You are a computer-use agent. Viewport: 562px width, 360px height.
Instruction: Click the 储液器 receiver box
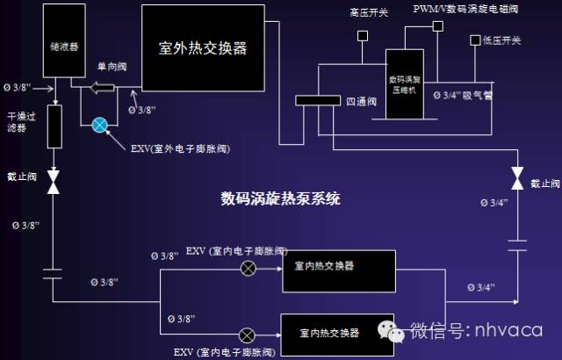pyautogui.click(x=54, y=44)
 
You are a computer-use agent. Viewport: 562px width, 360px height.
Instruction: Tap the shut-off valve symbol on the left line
pyautogui.click(x=54, y=183)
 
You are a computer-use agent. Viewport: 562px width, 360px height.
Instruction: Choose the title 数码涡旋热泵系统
pyautogui.click(x=280, y=198)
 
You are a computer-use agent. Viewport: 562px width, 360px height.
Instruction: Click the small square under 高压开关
pyautogui.click(x=361, y=36)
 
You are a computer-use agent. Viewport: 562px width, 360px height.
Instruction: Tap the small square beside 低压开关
pyautogui.click(x=475, y=40)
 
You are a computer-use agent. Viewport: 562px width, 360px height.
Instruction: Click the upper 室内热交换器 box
pyautogui.click(x=338, y=269)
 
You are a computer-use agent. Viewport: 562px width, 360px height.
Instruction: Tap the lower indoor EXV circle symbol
pyautogui.click(x=248, y=334)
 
